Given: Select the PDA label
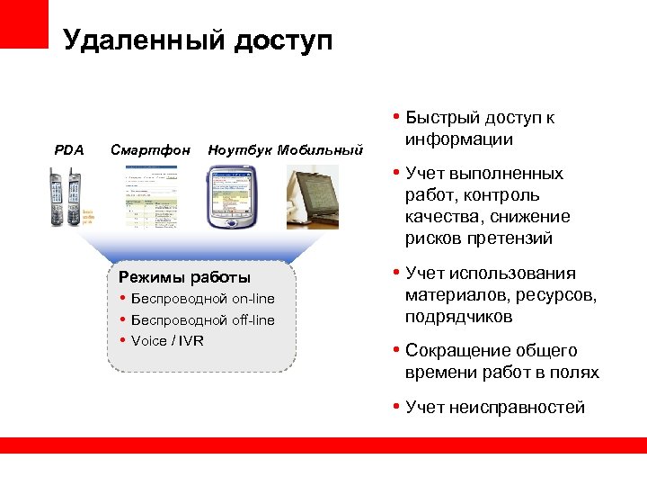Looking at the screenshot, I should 69,149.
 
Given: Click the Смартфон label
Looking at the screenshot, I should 150,149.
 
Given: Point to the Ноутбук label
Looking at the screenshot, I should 240,149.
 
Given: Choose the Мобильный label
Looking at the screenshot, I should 320,149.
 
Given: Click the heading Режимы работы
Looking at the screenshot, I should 185,277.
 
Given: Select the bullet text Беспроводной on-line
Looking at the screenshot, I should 203,299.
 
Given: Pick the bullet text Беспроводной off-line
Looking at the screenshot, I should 203,320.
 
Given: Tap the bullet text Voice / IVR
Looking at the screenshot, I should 167,340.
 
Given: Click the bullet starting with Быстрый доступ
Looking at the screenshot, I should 479,129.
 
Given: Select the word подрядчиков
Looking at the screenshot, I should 458,317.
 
